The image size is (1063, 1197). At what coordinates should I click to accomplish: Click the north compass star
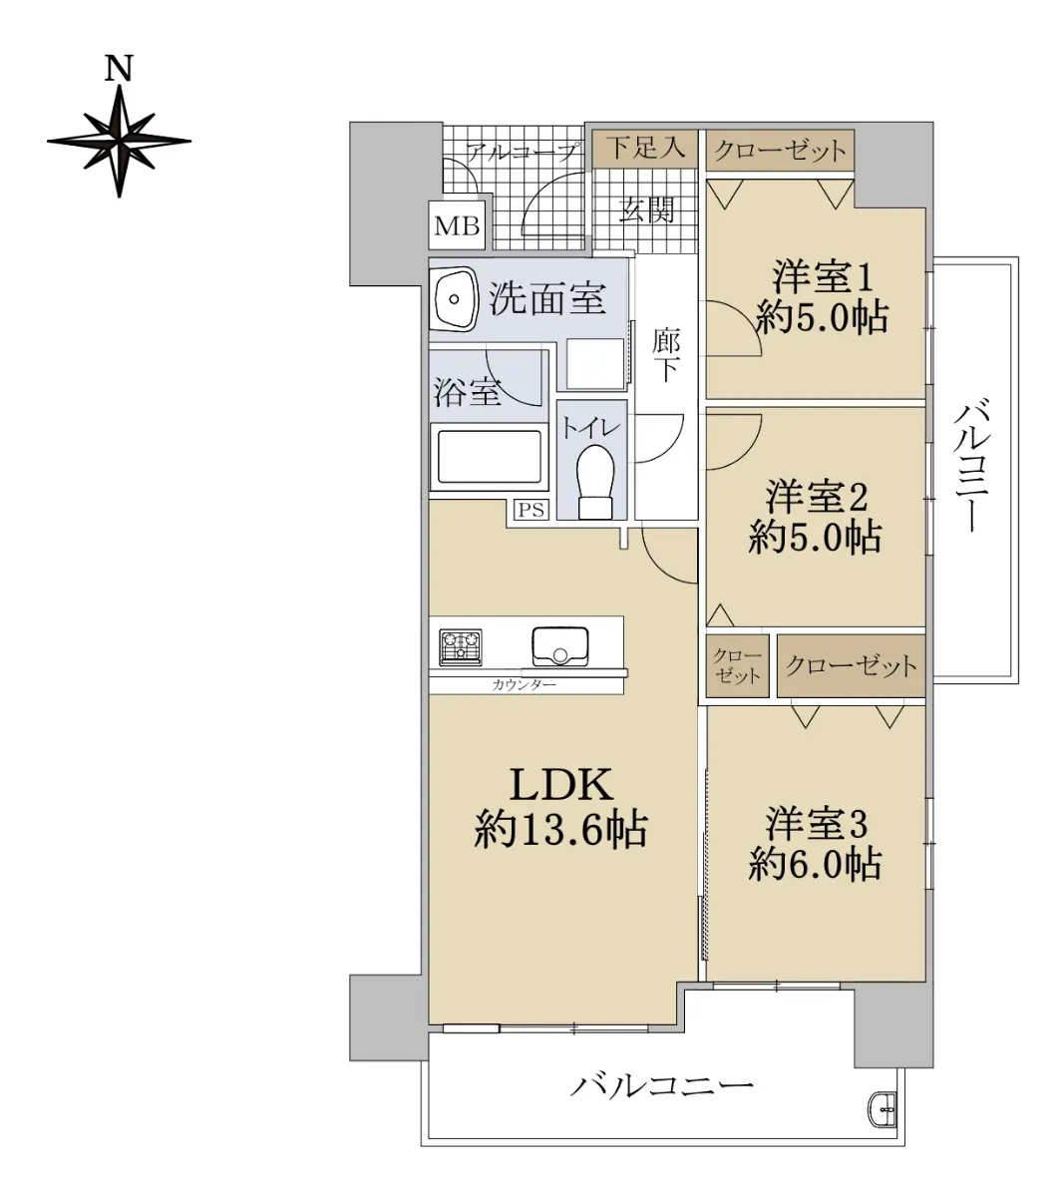[120, 142]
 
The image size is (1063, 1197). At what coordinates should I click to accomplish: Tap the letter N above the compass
[119, 68]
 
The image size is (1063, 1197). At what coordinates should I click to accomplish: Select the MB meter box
[457, 225]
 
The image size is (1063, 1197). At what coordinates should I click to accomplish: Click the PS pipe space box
[531, 510]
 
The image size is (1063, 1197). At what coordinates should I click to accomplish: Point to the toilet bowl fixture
[594, 481]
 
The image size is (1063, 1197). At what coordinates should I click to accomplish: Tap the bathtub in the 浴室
[489, 456]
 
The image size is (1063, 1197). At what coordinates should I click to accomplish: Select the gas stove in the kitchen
[461, 646]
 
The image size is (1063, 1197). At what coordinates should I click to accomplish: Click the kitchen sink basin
[560, 645]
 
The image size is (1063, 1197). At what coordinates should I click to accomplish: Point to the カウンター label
[524, 684]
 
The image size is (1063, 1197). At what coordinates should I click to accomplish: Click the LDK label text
[561, 784]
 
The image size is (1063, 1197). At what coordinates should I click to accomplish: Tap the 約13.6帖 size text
[561, 830]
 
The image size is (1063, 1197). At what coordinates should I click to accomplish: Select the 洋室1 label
[823, 276]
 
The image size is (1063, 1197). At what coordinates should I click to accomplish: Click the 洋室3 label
[816, 824]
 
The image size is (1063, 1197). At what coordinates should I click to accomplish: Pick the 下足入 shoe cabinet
[645, 148]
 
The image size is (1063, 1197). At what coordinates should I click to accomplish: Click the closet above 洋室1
[780, 151]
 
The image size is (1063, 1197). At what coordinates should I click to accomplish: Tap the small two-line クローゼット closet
[738, 666]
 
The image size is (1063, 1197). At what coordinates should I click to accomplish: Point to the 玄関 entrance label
[646, 209]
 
